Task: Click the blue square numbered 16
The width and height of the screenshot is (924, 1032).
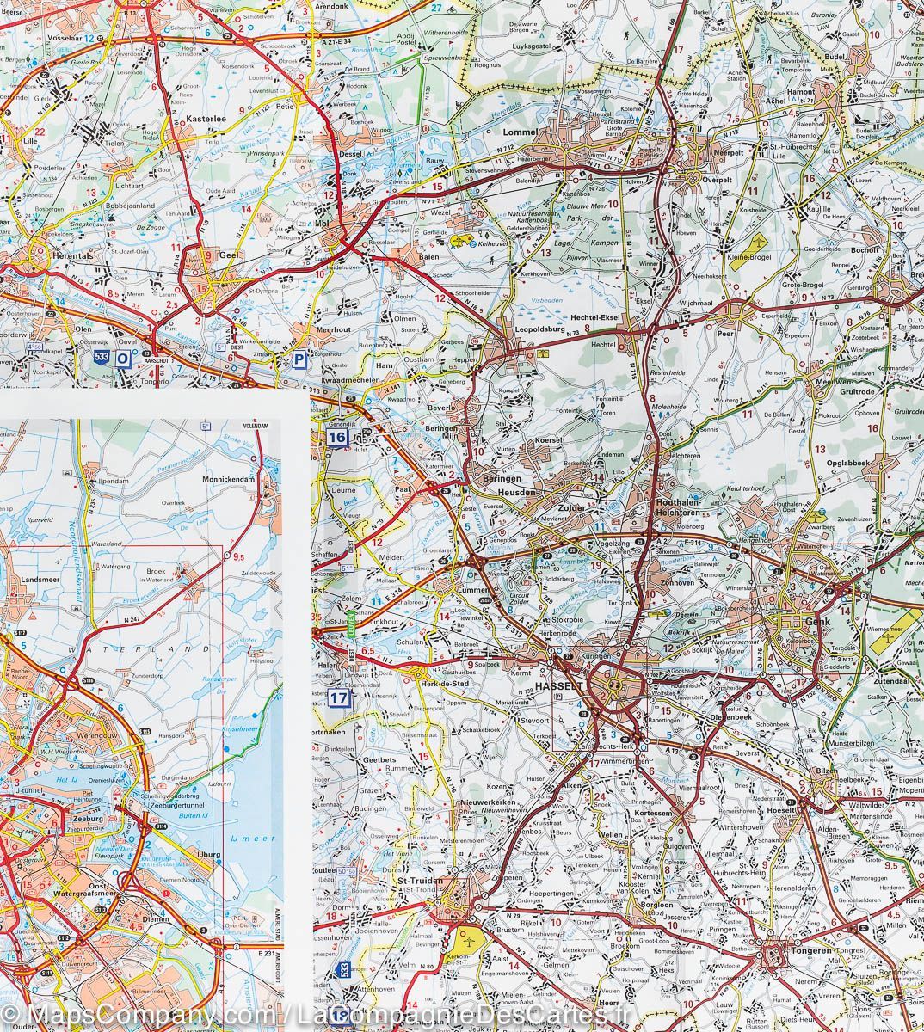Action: pyautogui.click(x=336, y=438)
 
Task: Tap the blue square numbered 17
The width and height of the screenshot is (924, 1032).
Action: pyautogui.click(x=339, y=698)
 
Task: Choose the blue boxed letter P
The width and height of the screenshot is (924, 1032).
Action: pyautogui.click(x=299, y=360)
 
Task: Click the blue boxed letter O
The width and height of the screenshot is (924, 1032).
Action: pyautogui.click(x=125, y=359)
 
